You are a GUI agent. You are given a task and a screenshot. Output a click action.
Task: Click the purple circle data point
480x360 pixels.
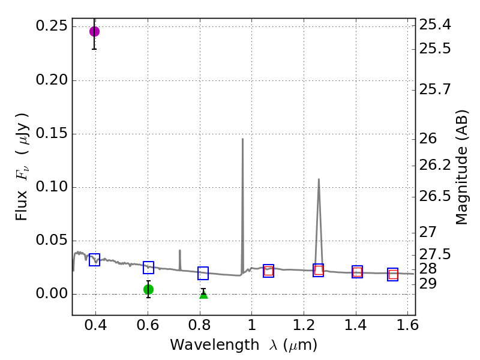click(94, 31)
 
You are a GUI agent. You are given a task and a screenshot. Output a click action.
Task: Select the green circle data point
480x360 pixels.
click(148, 289)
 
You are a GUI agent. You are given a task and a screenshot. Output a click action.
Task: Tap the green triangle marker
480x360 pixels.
click(203, 294)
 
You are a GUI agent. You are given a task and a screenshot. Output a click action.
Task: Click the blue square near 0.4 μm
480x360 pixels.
click(94, 260)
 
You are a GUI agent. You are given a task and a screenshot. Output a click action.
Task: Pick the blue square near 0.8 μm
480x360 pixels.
click(203, 273)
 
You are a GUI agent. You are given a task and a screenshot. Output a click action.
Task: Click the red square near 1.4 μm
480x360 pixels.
click(357, 272)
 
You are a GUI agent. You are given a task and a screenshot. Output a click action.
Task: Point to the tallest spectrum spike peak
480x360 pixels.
click(242, 139)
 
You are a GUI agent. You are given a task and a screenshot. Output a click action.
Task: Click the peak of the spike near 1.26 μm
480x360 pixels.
click(319, 179)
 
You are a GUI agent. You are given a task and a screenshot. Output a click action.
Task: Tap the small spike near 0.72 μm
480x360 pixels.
click(179, 250)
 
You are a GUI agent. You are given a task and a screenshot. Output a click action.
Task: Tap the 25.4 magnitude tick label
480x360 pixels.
click(435, 25)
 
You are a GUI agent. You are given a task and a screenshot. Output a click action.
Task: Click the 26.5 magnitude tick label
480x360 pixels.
click(435, 196)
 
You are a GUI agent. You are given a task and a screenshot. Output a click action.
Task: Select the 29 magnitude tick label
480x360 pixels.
click(431, 283)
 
